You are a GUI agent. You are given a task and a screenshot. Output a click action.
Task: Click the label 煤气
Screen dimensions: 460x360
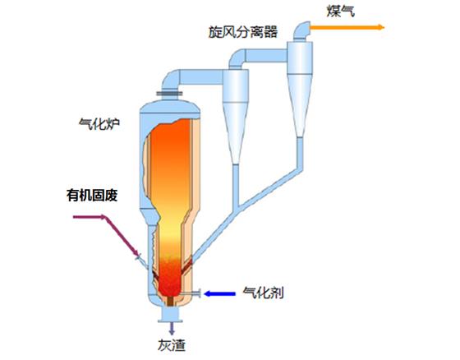pyautogui.click(x=340, y=12)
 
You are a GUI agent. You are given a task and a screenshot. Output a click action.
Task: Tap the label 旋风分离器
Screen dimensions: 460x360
pyautogui.click(x=243, y=32)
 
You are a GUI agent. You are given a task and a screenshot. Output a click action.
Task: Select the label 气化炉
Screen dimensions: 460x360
pyautogui.click(x=99, y=123)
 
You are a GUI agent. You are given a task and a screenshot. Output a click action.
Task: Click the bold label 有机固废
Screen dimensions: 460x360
pyautogui.click(x=92, y=196)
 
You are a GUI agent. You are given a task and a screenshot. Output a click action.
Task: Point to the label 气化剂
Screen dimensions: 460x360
pyautogui.click(x=263, y=293)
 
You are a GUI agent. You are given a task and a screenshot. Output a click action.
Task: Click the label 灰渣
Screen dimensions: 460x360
pyautogui.click(x=172, y=345)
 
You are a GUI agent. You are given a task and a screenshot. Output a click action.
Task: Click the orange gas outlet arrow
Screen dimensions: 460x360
pyautogui.click(x=347, y=28)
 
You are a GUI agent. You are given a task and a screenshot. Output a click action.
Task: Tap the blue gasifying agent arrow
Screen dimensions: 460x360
pyautogui.click(x=219, y=293)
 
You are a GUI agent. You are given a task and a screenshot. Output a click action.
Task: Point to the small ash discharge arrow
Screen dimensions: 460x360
pyautogui.click(x=172, y=329)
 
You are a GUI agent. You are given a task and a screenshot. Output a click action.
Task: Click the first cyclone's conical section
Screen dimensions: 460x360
pyautogui.click(x=235, y=132)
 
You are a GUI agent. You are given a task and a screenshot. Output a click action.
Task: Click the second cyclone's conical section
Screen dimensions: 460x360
pyautogui.click(x=300, y=106)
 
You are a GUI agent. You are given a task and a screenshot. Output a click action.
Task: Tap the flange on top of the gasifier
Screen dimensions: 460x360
pyautogui.click(x=169, y=94)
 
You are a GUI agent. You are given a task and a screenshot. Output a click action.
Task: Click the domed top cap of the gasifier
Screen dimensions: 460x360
pyautogui.click(x=170, y=107)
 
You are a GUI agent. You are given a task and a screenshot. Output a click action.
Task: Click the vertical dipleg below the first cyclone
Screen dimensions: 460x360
pyautogui.click(x=235, y=185)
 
